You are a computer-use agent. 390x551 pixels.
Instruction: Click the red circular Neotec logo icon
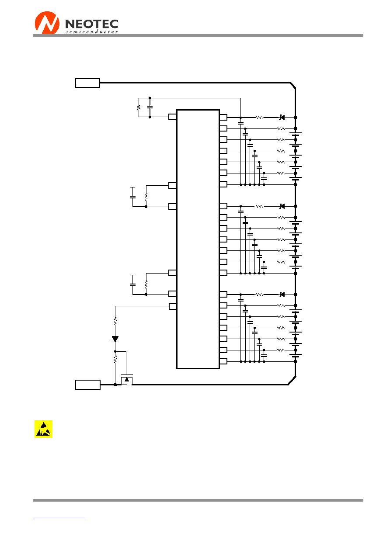[47, 23]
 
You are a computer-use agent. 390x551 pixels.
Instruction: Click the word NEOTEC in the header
[92, 24]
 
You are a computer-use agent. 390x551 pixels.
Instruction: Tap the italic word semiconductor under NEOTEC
[92, 31]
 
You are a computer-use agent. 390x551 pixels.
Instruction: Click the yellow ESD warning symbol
[43, 429]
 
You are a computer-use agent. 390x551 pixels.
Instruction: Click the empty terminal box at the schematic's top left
[87, 83]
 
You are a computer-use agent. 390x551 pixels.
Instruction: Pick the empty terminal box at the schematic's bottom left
[88, 385]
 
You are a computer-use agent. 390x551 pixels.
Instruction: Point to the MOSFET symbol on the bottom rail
[127, 380]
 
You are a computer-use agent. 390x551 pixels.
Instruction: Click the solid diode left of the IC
[115, 339]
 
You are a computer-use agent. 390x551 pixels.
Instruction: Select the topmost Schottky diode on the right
[282, 118]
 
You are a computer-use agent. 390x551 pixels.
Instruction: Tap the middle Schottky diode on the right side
[282, 206]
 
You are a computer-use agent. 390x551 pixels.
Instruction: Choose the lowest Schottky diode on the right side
[282, 295]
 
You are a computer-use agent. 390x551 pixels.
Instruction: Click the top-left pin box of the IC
[172, 117]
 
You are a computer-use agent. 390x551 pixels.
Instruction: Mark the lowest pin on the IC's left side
[173, 306]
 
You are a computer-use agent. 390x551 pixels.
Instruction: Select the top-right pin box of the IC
[223, 118]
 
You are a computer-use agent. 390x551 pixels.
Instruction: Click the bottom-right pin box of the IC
[223, 361]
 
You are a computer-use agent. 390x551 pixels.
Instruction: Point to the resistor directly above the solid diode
[115, 321]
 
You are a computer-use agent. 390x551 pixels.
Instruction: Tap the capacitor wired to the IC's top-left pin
[150, 107]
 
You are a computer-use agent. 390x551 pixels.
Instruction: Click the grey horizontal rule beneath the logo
[198, 35]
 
